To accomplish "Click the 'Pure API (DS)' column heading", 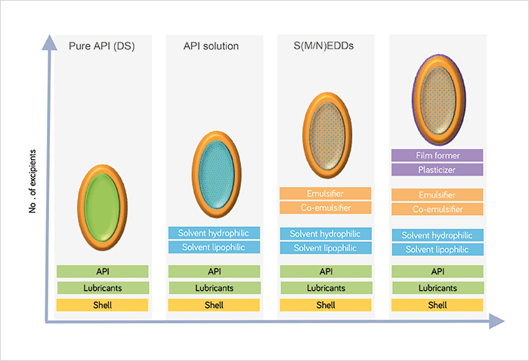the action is click(x=101, y=46).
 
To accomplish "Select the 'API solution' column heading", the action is click(x=211, y=46).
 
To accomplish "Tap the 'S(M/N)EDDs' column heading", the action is click(x=323, y=45).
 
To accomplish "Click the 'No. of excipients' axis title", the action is click(x=32, y=181).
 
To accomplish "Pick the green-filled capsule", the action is click(x=102, y=207).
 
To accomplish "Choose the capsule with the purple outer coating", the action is click(x=438, y=100).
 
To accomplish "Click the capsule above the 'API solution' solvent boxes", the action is click(x=216, y=174).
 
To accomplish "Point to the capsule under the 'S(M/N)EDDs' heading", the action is click(x=327, y=135).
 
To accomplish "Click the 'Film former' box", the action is click(x=438, y=155).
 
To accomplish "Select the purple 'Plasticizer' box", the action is click(x=438, y=170).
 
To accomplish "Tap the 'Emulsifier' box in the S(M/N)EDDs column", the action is click(x=325, y=194).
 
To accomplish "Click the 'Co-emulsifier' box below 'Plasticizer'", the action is click(x=438, y=209).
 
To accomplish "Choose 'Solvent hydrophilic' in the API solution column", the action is click(x=214, y=233).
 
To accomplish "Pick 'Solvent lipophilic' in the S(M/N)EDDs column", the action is click(x=326, y=247).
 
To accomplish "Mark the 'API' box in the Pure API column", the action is click(x=103, y=272).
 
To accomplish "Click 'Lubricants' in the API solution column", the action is click(x=215, y=288).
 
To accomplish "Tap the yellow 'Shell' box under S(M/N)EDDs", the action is click(x=326, y=305).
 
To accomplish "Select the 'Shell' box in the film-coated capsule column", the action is click(x=438, y=305).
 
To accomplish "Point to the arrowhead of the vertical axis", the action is click(x=50, y=42).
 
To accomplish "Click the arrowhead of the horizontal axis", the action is click(x=497, y=321).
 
